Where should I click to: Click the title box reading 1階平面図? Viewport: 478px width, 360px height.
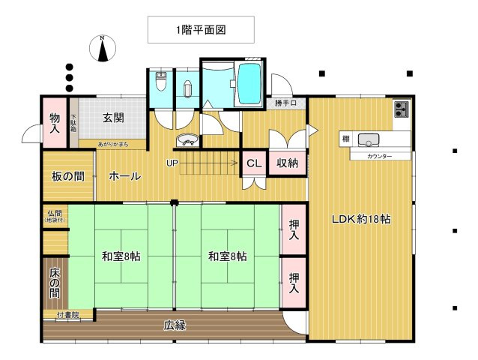[200, 30]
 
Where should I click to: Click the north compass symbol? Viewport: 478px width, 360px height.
[103, 48]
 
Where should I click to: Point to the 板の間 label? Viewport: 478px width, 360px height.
[68, 176]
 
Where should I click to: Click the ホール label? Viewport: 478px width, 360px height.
[124, 176]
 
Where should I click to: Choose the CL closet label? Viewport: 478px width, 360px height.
[253, 163]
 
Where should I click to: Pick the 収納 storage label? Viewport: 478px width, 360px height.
[288, 163]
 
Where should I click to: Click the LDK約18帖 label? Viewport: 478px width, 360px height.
[362, 220]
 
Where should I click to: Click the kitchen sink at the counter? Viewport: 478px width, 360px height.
[369, 139]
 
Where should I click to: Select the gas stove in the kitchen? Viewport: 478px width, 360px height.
[402, 109]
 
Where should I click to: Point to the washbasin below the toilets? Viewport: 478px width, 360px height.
[187, 140]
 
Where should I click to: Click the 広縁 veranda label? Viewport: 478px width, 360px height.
[175, 325]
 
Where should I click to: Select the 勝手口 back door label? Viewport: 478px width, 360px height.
[285, 103]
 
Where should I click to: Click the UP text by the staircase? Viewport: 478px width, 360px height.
[172, 163]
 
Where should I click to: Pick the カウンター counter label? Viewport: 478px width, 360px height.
[379, 156]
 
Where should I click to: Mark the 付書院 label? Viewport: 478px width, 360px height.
[67, 315]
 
